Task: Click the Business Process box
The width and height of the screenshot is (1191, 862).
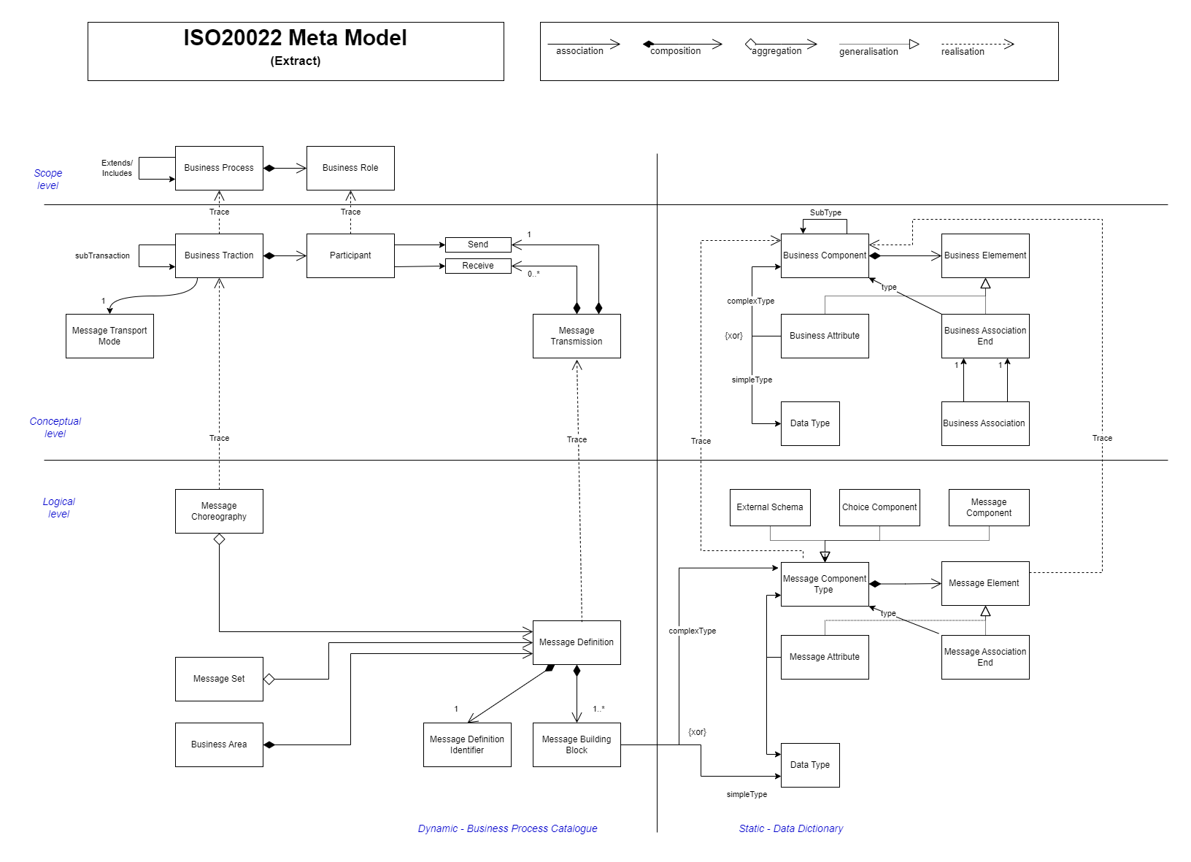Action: tap(219, 168)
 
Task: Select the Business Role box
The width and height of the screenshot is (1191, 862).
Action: tap(350, 168)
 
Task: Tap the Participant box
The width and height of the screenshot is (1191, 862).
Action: tap(350, 255)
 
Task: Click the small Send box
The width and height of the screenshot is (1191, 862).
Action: tap(478, 245)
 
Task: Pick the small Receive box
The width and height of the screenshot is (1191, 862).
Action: tap(478, 266)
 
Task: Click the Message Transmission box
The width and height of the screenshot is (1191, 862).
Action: tap(577, 336)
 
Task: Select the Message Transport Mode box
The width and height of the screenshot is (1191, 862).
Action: tap(109, 336)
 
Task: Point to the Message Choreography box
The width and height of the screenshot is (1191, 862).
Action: tap(219, 511)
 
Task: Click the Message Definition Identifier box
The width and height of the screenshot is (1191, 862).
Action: tap(467, 744)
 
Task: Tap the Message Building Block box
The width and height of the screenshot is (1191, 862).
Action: tap(577, 744)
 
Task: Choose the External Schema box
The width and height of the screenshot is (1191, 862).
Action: tap(770, 507)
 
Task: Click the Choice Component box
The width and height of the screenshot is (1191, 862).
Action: tap(879, 507)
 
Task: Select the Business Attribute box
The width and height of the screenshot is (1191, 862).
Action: tap(825, 336)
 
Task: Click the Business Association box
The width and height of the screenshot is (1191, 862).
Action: tap(985, 423)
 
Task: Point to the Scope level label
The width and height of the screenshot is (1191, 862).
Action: tap(48, 179)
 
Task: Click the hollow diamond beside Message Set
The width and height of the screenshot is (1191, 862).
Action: tap(269, 679)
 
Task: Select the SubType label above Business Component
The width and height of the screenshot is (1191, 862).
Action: tap(825, 212)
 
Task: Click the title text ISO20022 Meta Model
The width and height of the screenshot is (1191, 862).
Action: tap(295, 38)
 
